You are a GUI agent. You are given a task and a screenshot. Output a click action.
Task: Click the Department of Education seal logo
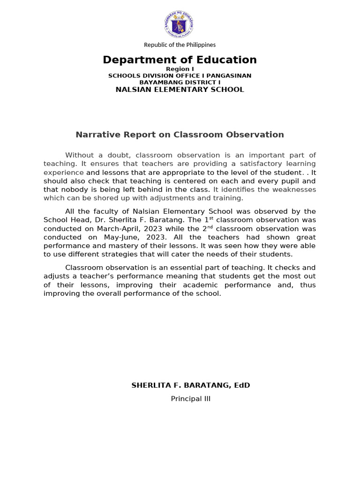coord(180,25)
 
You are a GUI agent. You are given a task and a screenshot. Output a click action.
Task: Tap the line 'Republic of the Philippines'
coord(180,45)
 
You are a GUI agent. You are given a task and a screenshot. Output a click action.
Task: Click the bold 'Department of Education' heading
coord(180,60)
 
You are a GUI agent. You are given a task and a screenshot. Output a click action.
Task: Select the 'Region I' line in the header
coord(180,69)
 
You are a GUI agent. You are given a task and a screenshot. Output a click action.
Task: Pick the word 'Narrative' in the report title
coord(95,135)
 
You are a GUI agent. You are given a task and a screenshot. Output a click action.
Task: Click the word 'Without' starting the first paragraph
coord(80,155)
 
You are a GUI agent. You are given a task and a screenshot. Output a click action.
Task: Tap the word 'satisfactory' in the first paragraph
coord(253,164)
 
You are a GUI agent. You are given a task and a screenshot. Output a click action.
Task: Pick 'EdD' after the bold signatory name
coord(241,385)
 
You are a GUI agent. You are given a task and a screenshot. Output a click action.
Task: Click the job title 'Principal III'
coord(190,399)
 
